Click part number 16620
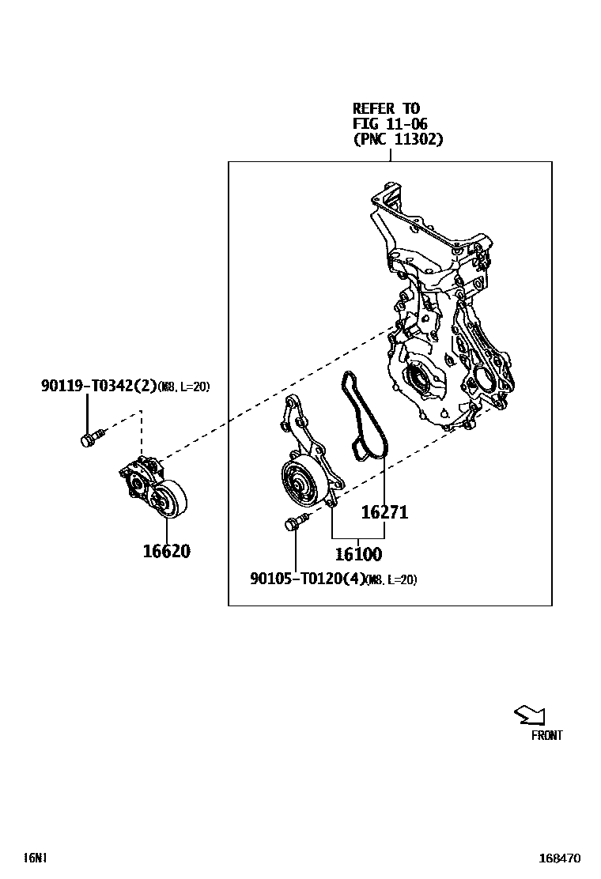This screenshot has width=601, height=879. pyautogui.click(x=167, y=552)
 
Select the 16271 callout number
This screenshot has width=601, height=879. pyautogui.click(x=384, y=511)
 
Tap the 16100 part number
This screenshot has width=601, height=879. pyautogui.click(x=358, y=554)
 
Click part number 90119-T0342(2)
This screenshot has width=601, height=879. pyautogui.click(x=99, y=386)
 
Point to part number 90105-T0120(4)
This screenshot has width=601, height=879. pyautogui.click(x=308, y=579)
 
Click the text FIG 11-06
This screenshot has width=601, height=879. pyautogui.click(x=390, y=123)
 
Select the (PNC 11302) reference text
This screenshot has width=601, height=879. pyautogui.click(x=398, y=139)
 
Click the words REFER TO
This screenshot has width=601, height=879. pyautogui.click(x=386, y=108)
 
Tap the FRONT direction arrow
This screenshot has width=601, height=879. pyautogui.click(x=530, y=715)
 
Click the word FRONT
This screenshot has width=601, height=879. pyautogui.click(x=546, y=735)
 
